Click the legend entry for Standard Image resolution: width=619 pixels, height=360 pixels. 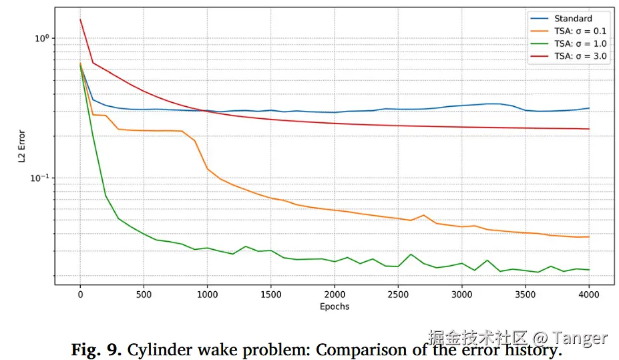click(x=572, y=19)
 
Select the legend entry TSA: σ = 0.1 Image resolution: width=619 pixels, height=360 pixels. click(x=580, y=31)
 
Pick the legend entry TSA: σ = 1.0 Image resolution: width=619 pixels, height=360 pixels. click(x=580, y=43)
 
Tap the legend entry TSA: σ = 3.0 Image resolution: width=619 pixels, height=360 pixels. click(x=580, y=56)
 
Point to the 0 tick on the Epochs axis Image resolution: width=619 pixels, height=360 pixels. click(x=80, y=295)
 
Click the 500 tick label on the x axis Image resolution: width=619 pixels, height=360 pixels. click(x=144, y=295)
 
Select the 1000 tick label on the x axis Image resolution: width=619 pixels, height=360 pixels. click(x=207, y=295)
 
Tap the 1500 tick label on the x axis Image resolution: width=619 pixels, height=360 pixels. click(x=270, y=295)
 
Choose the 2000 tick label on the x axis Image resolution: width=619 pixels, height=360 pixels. click(x=335, y=295)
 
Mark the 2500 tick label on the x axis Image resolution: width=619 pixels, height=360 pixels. click(x=398, y=295)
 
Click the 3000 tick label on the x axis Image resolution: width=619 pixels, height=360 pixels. click(x=461, y=295)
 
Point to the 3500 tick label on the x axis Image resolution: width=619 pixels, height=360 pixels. click(x=525, y=295)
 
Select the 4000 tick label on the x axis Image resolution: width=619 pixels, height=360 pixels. click(x=588, y=295)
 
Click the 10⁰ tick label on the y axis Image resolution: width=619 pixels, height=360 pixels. click(x=41, y=38)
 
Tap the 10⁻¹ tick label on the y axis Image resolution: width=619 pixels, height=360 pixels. click(x=39, y=178)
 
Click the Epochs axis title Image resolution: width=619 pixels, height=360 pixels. click(x=334, y=307)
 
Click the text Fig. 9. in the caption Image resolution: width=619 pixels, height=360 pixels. click(x=96, y=350)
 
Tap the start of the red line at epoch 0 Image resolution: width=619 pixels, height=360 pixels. click(x=81, y=19)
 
